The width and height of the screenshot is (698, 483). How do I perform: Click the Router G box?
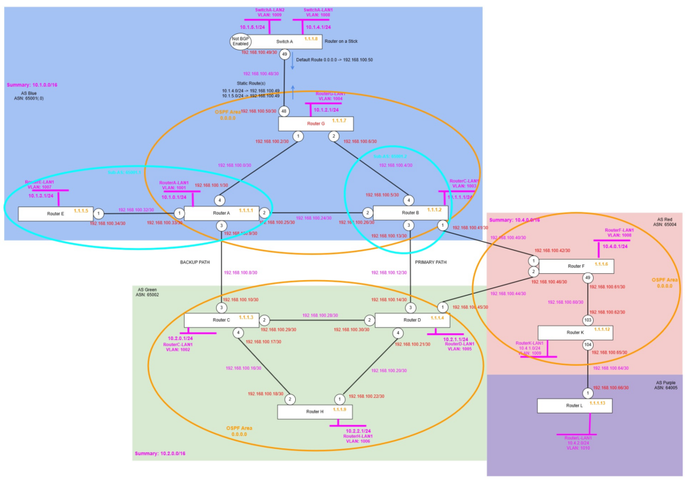click(x=315, y=123)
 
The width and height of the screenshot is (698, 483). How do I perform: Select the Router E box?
click(x=56, y=213)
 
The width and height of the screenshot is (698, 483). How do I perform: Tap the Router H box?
click(x=315, y=411)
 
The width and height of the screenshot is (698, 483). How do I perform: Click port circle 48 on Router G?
click(x=284, y=111)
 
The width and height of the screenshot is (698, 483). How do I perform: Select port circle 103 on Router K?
click(x=588, y=320)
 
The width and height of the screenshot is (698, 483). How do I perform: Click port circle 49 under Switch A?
click(x=284, y=54)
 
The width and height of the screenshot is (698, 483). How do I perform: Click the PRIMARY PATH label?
click(x=430, y=262)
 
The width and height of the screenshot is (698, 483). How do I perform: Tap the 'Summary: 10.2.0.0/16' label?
click(x=160, y=453)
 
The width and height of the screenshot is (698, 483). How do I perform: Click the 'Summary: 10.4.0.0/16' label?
click(x=515, y=220)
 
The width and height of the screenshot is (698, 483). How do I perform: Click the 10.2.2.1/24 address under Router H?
click(x=358, y=431)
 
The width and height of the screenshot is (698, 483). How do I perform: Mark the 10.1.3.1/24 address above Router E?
click(x=42, y=196)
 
